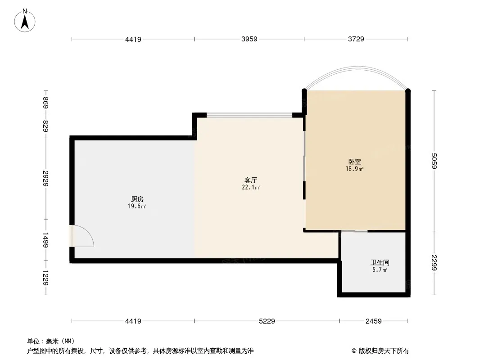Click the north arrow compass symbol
25,20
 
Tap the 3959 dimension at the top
249,39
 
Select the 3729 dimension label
356,39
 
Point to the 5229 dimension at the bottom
267,321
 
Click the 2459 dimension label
373,321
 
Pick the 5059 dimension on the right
434,161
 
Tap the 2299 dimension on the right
434,262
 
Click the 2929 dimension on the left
45,178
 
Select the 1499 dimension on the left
45,240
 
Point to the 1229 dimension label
45,278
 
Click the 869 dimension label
45,103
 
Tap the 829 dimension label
45,126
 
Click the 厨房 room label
137,199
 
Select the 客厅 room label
251,180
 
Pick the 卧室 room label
354,162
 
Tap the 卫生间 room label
380,262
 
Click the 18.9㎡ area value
354,169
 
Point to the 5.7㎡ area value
380,270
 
